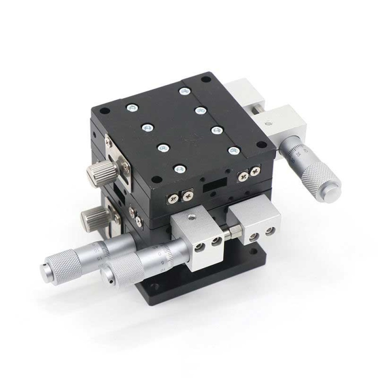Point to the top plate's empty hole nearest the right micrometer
click(261, 144)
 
